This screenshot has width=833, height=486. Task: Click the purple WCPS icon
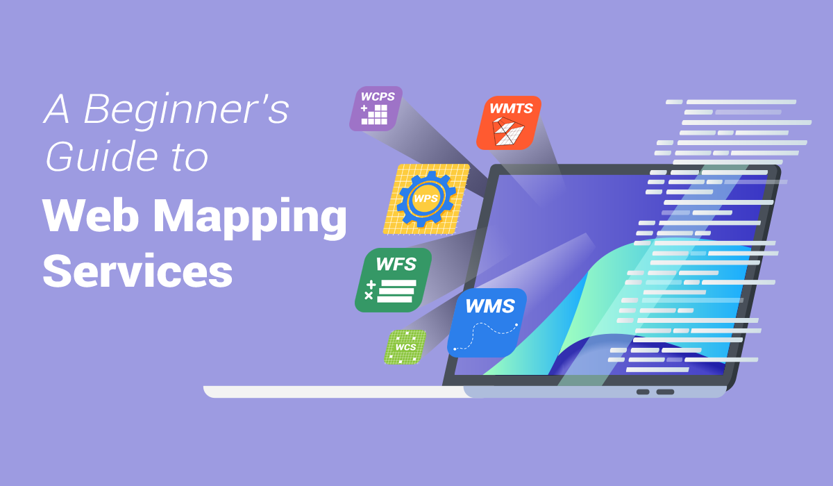point(376,108)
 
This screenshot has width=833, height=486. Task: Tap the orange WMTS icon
point(509,123)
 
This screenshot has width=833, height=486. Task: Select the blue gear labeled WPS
point(426,199)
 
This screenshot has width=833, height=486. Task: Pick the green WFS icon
point(393,280)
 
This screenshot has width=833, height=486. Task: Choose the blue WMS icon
point(487,323)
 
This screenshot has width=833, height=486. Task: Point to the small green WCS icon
point(405,347)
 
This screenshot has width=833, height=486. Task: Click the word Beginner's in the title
point(187,111)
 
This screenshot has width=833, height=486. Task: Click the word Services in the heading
point(137,270)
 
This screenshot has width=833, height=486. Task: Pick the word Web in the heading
point(91,215)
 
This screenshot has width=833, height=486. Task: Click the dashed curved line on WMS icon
point(485,337)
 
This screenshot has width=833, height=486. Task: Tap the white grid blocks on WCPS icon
point(375,115)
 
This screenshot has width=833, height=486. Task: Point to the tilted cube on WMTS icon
point(507,131)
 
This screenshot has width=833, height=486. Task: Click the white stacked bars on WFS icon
point(396,291)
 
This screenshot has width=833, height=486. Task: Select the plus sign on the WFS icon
point(371,285)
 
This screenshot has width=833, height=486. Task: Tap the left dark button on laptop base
point(643,392)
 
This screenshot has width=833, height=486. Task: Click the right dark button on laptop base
point(665,392)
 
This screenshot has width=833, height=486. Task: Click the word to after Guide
point(189,158)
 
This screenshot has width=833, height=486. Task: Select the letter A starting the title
point(56,109)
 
